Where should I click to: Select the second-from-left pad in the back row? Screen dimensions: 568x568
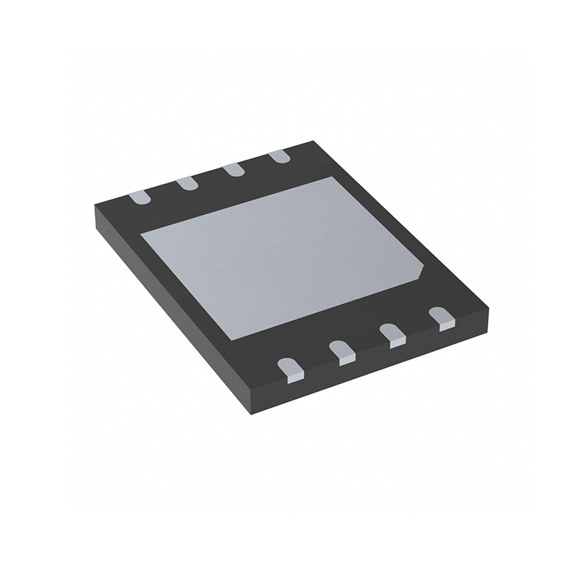click(187, 183)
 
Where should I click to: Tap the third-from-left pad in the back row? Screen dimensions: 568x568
click(233, 170)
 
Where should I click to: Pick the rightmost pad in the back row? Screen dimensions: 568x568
click(279, 155)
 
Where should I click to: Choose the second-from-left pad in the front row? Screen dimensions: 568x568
click(342, 351)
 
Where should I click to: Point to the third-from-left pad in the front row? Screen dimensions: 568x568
click(391, 335)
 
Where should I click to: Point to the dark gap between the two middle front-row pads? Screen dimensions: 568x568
click(366, 343)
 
